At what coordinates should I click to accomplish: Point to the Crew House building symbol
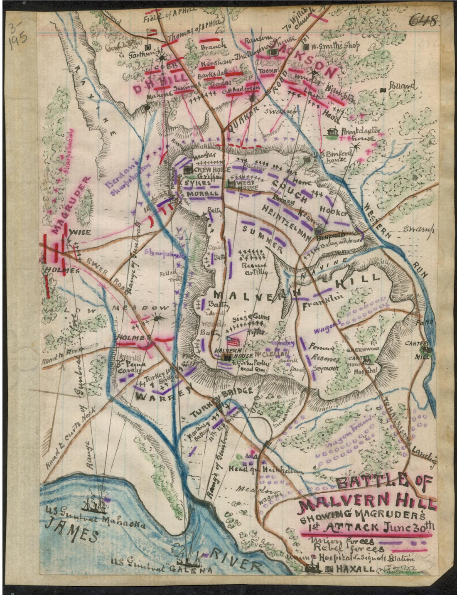pyautogui.click(x=188, y=170)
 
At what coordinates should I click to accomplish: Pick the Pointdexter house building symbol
pyautogui.click(x=332, y=132)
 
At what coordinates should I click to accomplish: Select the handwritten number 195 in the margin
pyautogui.click(x=18, y=42)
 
